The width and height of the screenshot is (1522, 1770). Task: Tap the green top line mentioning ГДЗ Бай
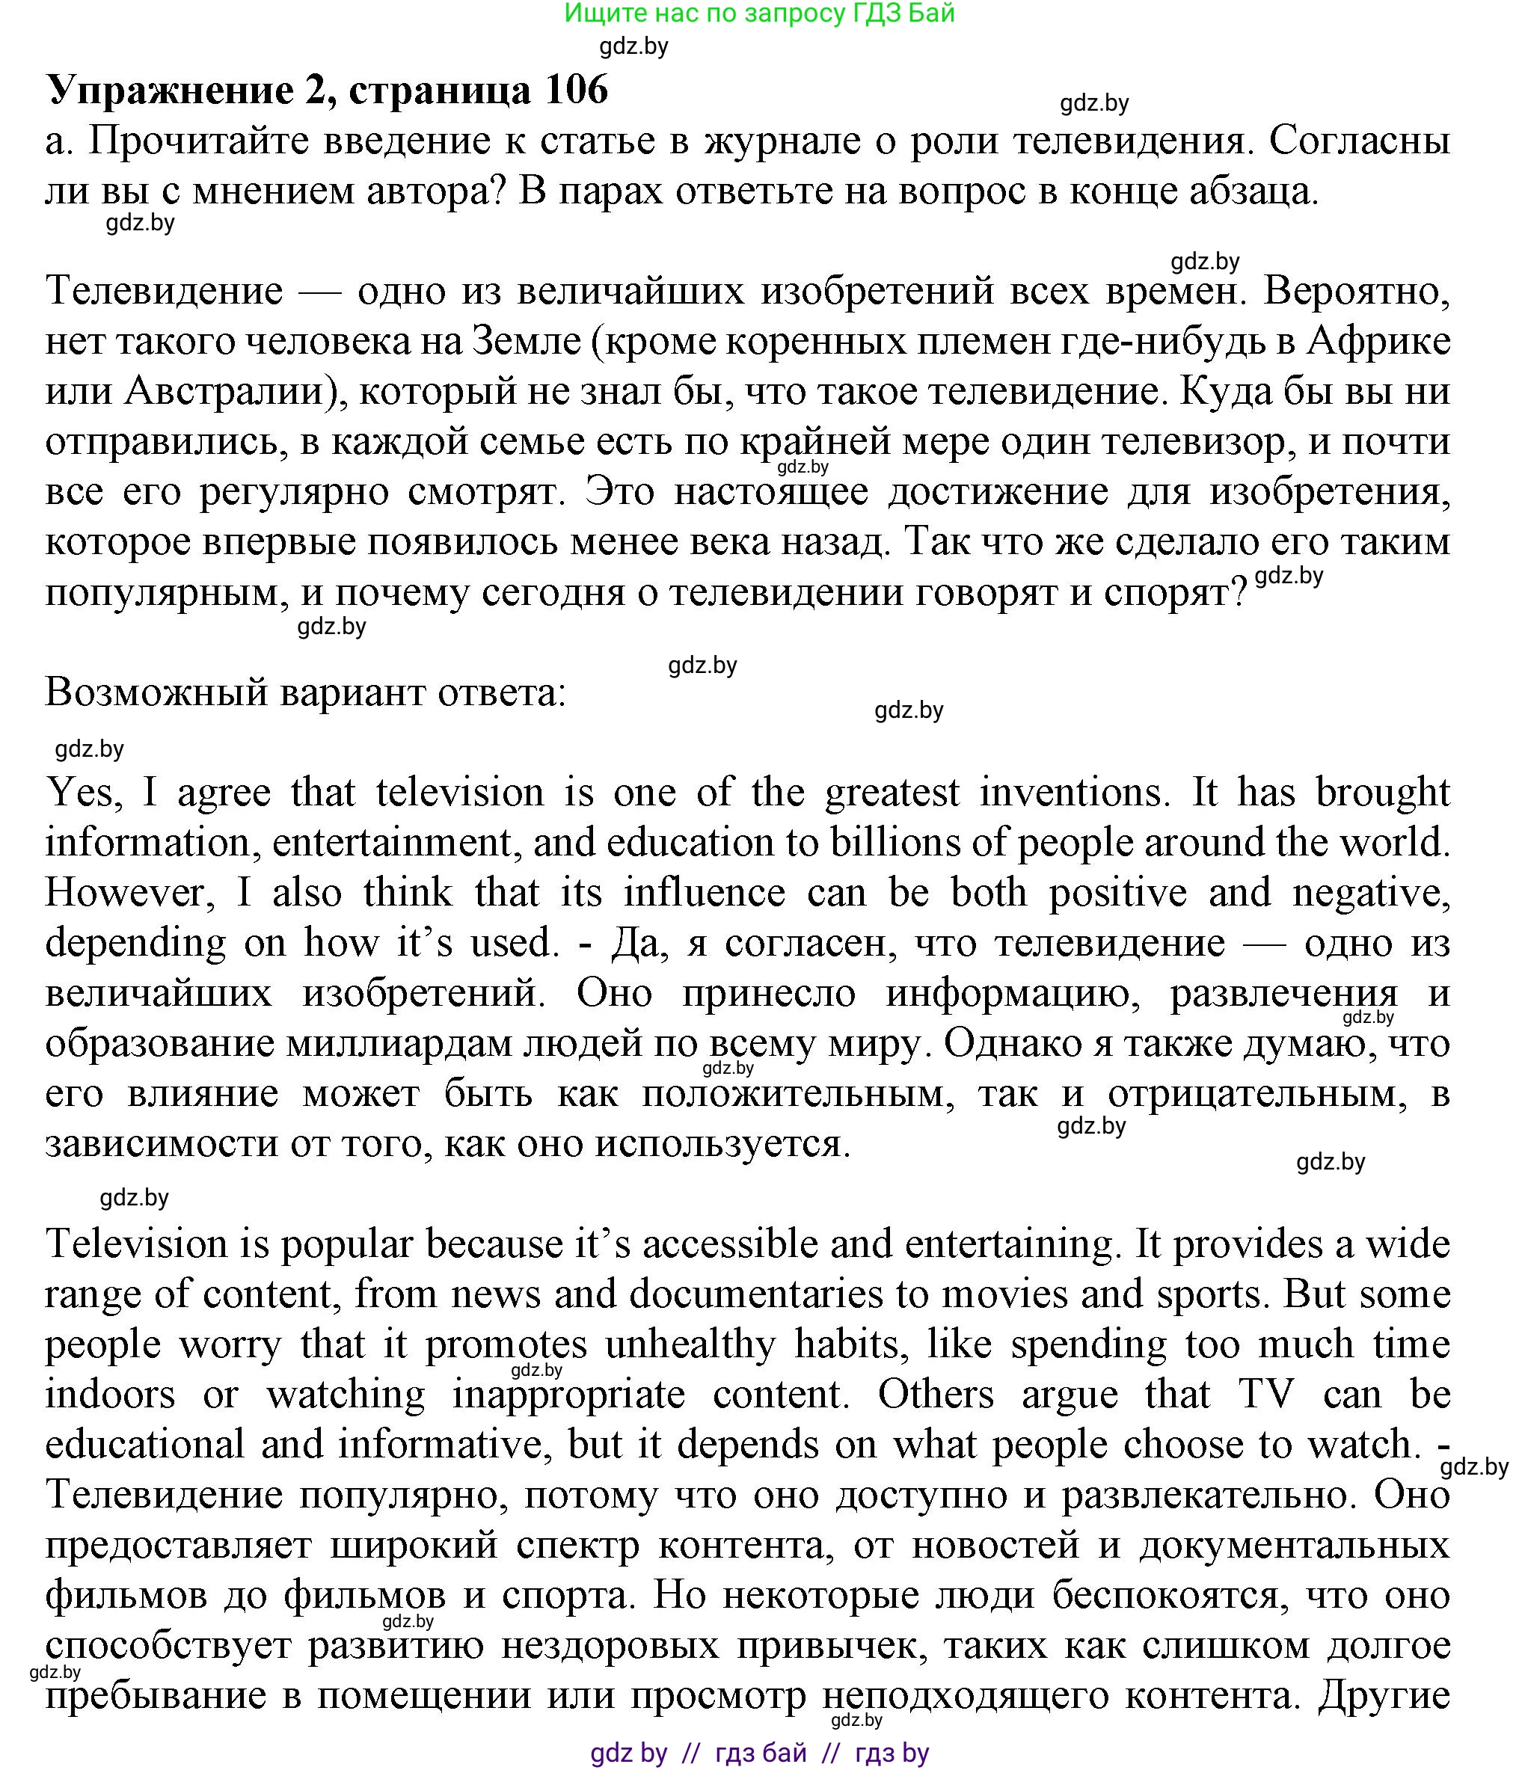pyautogui.click(x=760, y=13)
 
